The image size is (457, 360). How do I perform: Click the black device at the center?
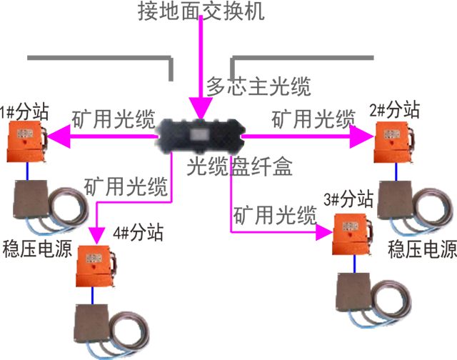[x=198, y=136]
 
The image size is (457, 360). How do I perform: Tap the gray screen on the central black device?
[x=200, y=135]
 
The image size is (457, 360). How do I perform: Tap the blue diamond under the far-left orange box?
[x=27, y=171]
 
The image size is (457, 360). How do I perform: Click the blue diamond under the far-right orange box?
[x=396, y=172]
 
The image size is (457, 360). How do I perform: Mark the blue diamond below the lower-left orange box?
[x=91, y=294]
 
